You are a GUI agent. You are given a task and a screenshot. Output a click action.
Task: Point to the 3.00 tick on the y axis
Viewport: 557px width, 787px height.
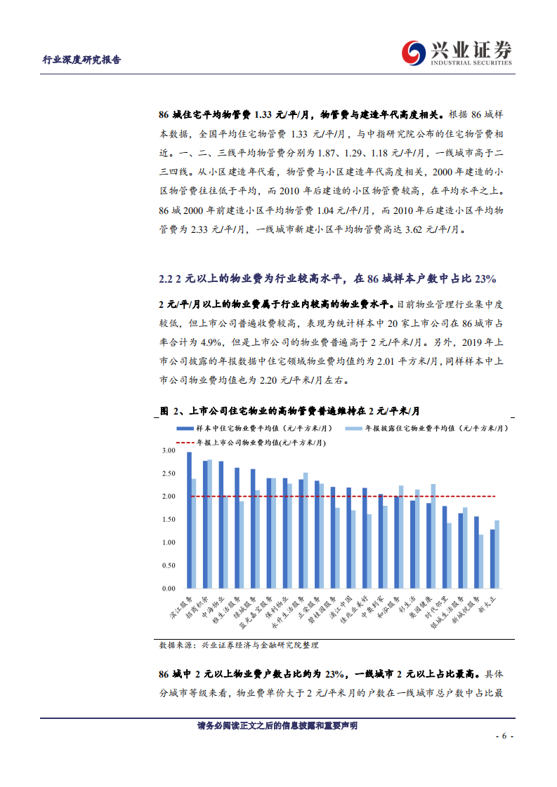click(168, 450)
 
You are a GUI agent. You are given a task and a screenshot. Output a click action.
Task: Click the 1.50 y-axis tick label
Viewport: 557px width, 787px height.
click(168, 520)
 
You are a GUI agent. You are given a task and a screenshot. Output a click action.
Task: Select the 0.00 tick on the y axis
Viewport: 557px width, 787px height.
click(168, 588)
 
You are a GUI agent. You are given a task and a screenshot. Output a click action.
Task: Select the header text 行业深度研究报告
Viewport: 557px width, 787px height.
click(82, 60)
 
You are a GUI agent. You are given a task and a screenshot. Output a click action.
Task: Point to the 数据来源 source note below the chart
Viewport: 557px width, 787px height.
click(239, 644)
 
